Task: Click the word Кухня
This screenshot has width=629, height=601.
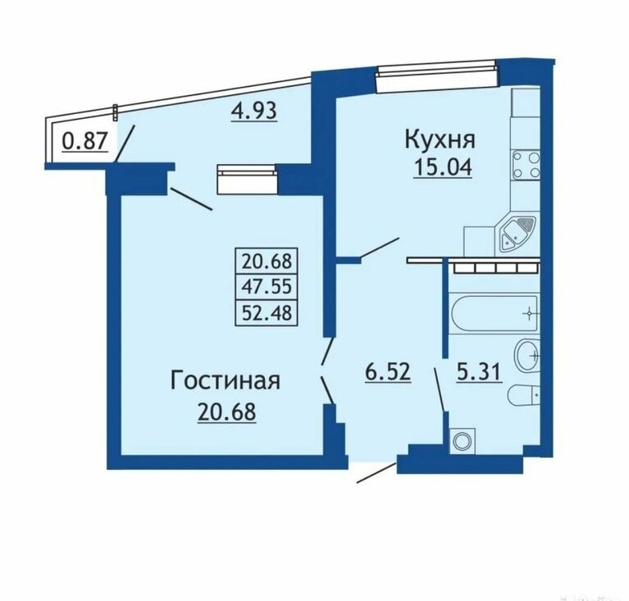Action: (440, 140)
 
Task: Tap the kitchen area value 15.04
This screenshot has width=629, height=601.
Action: (443, 168)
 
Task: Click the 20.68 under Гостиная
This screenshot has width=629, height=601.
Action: (226, 412)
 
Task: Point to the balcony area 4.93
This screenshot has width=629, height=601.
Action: (254, 111)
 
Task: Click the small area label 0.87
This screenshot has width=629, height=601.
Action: (85, 142)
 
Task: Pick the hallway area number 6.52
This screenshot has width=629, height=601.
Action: (388, 372)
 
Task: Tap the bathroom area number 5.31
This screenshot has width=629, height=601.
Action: (479, 373)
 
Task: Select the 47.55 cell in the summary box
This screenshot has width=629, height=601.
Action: (267, 287)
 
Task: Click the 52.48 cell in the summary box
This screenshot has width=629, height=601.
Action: (267, 312)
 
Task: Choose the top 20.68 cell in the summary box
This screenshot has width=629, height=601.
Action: (267, 262)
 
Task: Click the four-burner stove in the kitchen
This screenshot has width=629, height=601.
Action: (526, 165)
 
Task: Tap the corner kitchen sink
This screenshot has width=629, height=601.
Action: (517, 234)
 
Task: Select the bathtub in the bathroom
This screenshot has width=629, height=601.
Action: (495, 313)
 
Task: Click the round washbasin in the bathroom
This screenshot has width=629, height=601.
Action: (527, 356)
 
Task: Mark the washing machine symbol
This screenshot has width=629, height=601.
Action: (463, 441)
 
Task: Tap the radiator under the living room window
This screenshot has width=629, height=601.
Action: (247, 180)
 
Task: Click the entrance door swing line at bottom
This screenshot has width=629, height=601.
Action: (376, 472)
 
